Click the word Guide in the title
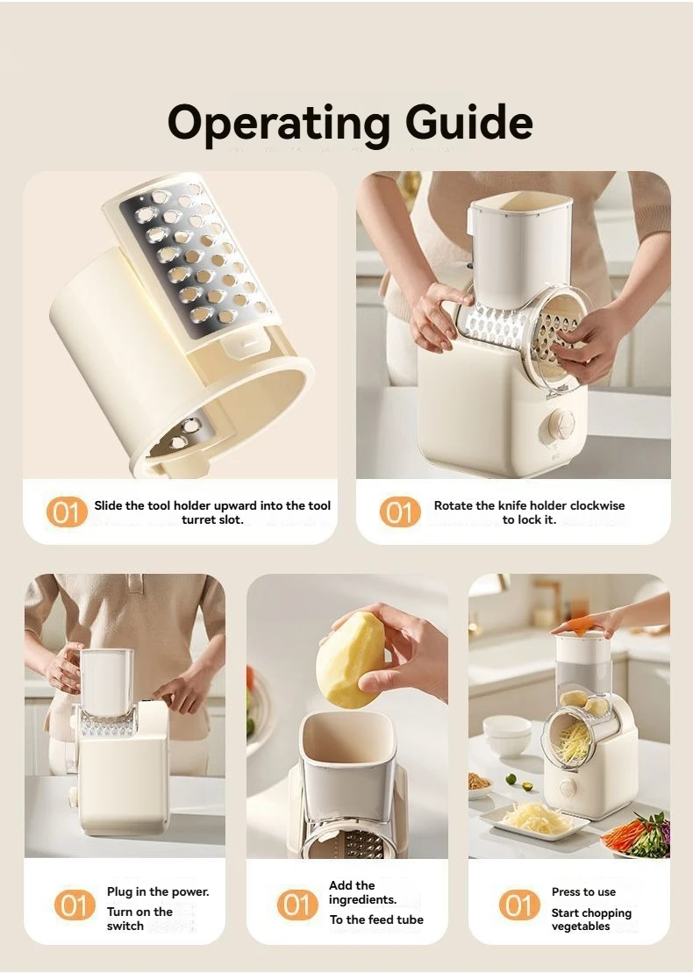[469, 121]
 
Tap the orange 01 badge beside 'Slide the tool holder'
[67, 512]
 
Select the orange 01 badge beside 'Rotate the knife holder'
[399, 512]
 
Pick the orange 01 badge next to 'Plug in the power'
[75, 905]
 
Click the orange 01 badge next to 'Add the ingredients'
[297, 905]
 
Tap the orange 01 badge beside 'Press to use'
[519, 905]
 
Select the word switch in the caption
[125, 926]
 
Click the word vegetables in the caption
[580, 926]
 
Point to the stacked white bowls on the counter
[506, 734]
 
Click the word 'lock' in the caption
[529, 519]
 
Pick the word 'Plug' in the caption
[119, 892]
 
